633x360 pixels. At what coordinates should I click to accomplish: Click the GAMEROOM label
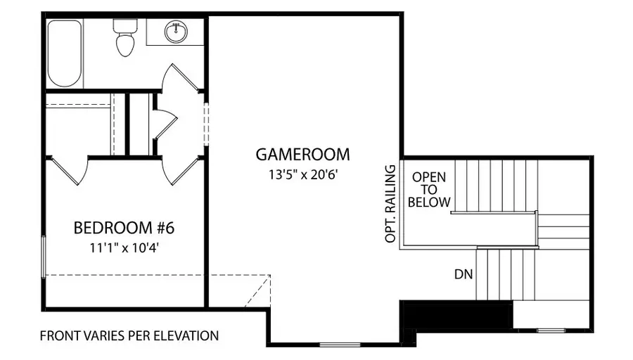coord(302,154)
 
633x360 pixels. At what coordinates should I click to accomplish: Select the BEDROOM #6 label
coord(123,228)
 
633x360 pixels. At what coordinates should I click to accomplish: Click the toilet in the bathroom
coord(125,39)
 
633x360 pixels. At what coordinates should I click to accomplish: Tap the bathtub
coord(64,53)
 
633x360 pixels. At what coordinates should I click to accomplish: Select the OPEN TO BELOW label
coord(428,189)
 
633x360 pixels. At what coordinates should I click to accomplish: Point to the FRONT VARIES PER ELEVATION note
coord(129,335)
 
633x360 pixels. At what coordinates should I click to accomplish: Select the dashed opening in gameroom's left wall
coord(206,124)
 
